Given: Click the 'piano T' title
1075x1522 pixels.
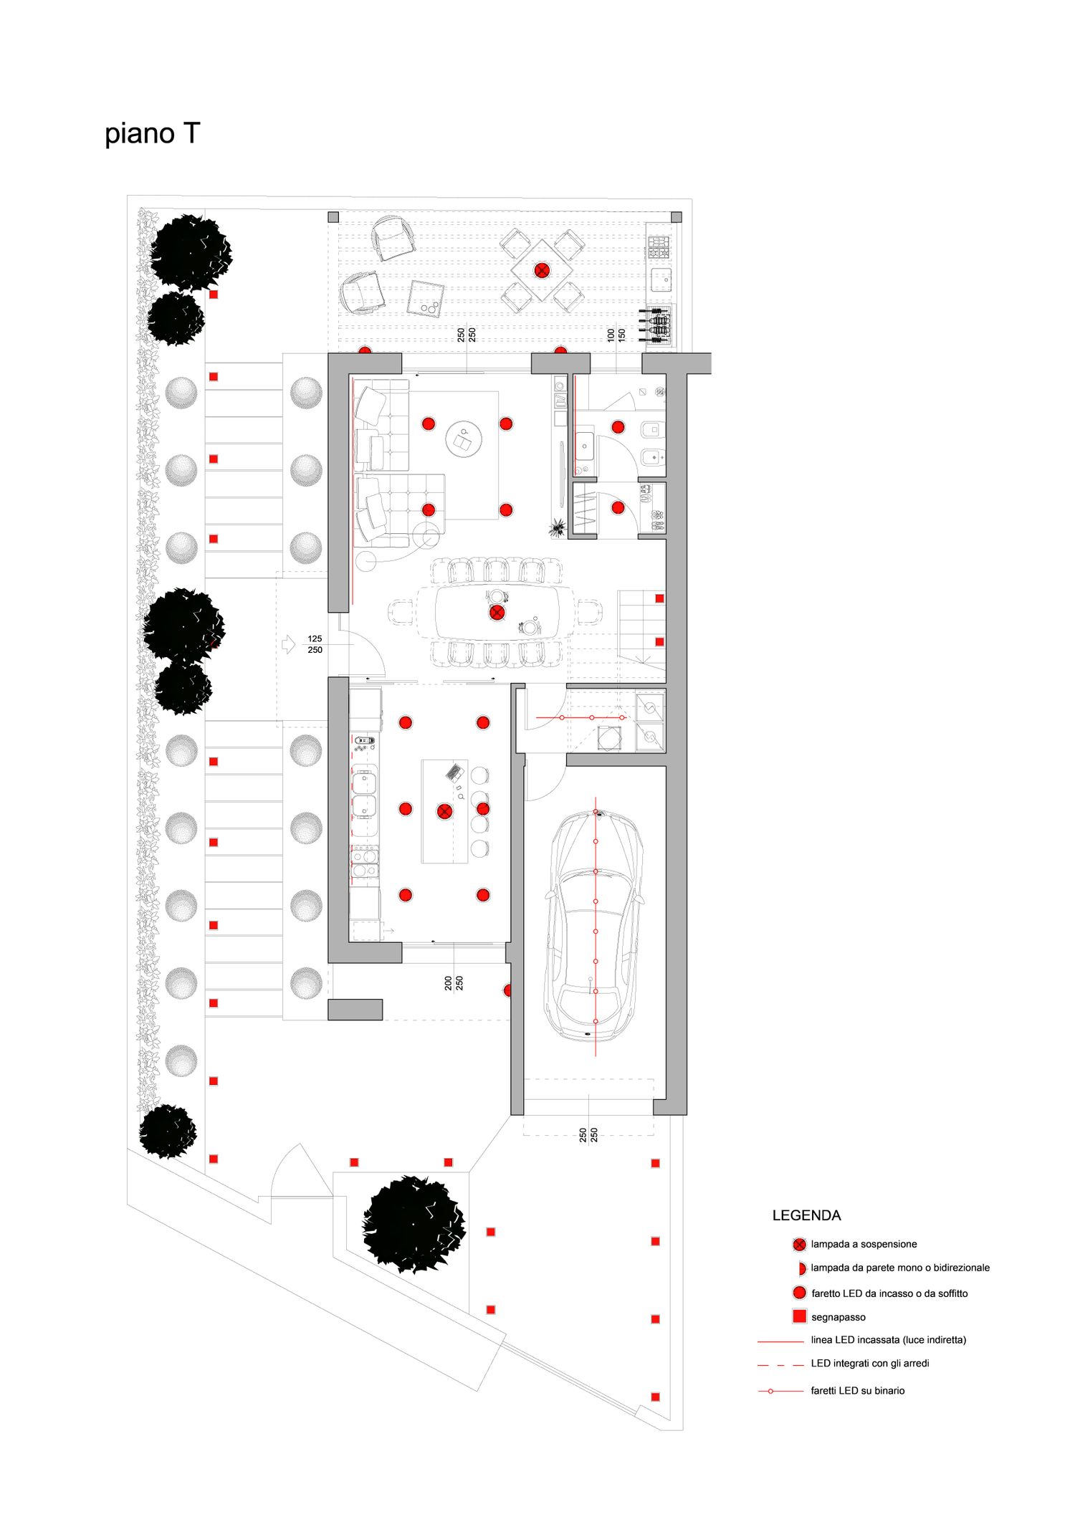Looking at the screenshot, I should (x=152, y=134).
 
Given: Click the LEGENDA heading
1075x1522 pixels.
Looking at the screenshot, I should (x=806, y=1215).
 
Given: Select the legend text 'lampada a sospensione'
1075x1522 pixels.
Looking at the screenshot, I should (x=864, y=1244).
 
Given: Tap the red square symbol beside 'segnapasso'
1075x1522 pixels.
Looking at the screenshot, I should (x=800, y=1316).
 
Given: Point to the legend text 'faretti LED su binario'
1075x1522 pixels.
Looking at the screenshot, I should (x=857, y=1390).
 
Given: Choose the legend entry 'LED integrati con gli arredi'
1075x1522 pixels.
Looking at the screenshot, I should (x=869, y=1363).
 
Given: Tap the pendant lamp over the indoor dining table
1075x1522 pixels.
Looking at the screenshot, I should (x=497, y=613).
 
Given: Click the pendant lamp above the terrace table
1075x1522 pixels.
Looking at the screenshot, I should (x=542, y=270).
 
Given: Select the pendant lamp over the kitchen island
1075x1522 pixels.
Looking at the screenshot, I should (x=444, y=811).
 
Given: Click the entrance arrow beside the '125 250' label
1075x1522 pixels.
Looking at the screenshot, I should (x=288, y=643).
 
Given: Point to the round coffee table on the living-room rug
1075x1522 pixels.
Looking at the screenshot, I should (x=464, y=439).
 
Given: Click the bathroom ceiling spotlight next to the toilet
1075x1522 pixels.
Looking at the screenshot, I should (x=618, y=427).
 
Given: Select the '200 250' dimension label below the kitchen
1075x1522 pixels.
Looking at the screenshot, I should (x=454, y=983).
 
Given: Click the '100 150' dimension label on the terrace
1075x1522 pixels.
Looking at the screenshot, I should (x=616, y=334).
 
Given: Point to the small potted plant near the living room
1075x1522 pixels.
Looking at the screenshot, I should (x=557, y=529).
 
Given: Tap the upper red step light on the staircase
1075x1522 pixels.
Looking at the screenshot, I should (x=659, y=598).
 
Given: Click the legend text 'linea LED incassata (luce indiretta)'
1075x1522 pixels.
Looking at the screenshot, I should (x=888, y=1339).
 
